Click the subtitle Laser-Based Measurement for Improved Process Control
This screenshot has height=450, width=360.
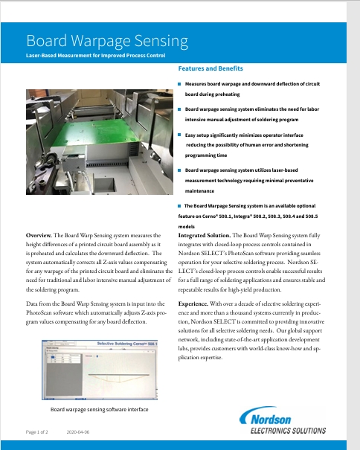pyautogui.click(x=94, y=56)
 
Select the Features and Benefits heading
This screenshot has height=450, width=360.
pyautogui.click(x=216, y=69)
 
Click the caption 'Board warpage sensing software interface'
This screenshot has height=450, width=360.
pyautogui.click(x=100, y=409)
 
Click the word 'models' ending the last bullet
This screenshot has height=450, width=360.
pyautogui.click(x=187, y=225)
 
